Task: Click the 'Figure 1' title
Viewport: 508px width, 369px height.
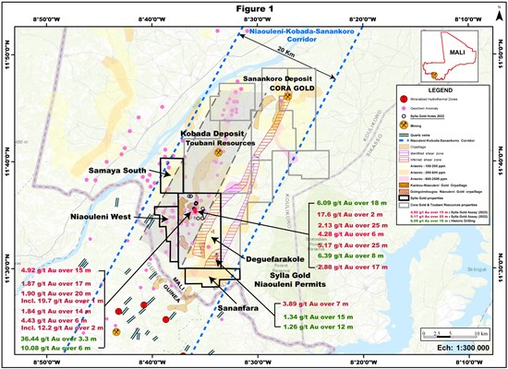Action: coord(255,6)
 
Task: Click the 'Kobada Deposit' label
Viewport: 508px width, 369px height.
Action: coord(205,132)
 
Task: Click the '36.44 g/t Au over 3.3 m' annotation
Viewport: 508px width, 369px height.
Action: coord(56,338)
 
